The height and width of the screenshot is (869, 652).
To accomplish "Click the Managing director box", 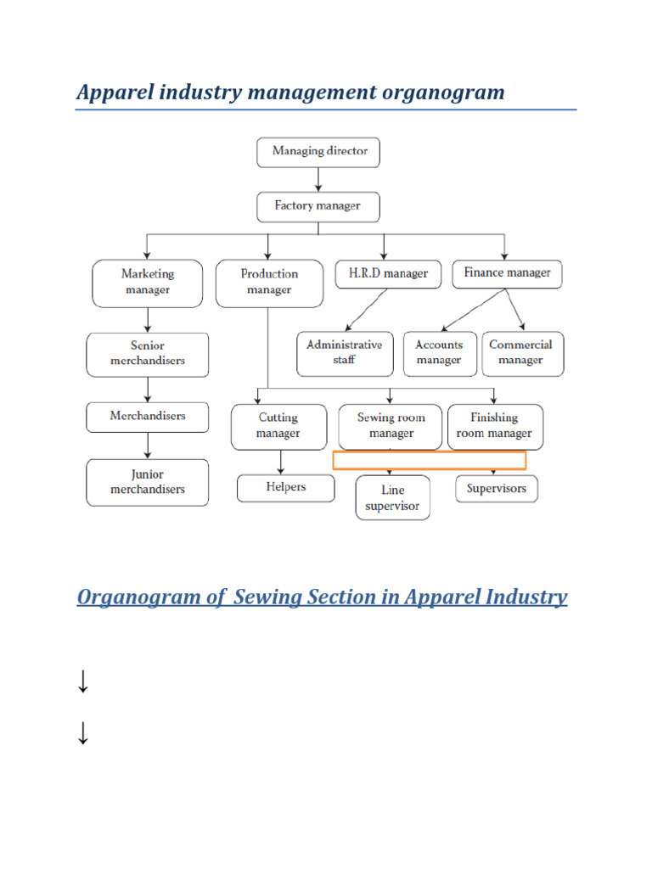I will click(x=318, y=152).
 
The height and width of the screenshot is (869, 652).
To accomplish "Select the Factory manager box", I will click(x=318, y=206).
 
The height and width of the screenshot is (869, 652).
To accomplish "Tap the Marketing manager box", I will click(x=148, y=283).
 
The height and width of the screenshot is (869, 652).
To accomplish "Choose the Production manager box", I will click(x=269, y=283).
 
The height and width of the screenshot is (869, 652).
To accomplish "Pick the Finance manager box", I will click(x=507, y=273).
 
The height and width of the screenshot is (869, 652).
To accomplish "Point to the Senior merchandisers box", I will click(x=148, y=354).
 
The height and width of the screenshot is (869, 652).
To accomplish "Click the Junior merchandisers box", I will click(x=148, y=483).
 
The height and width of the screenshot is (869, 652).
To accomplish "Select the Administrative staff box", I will click(x=345, y=353).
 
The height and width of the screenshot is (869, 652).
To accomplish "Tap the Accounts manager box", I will click(x=439, y=353).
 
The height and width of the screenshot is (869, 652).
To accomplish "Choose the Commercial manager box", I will click(x=520, y=353).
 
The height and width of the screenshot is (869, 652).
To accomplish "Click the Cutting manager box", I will click(x=278, y=426).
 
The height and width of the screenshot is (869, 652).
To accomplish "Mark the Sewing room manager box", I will click(x=391, y=426).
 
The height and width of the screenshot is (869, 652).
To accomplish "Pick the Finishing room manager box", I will click(x=494, y=426).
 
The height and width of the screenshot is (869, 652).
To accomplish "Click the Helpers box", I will click(x=285, y=488).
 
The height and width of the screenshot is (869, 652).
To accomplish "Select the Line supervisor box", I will click(x=393, y=498).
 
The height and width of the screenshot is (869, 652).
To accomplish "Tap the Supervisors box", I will click(x=497, y=489).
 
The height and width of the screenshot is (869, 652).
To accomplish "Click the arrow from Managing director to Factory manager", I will click(x=318, y=179).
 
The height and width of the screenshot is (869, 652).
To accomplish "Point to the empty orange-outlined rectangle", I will click(x=429, y=461).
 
